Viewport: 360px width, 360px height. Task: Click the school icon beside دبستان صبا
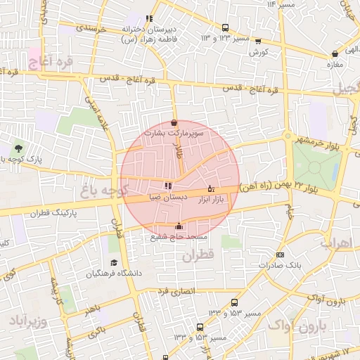167,186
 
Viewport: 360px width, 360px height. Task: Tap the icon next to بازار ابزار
211,188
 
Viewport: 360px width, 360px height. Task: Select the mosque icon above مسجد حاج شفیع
178,226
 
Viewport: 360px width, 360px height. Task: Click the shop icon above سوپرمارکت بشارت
174,122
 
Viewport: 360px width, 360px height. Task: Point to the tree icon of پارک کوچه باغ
18,149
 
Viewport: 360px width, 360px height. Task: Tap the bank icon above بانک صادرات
281,255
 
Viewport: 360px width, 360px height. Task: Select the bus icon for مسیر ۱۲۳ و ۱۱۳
225,28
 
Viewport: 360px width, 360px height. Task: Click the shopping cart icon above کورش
258,41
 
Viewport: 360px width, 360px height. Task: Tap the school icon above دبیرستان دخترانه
148,19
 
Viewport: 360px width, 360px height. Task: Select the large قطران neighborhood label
198,257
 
